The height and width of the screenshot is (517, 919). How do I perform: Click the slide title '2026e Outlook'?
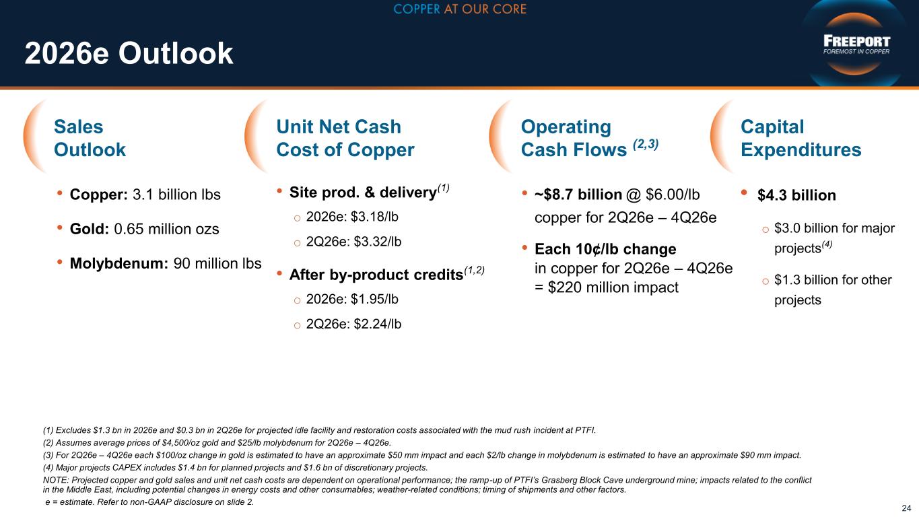[x=129, y=53]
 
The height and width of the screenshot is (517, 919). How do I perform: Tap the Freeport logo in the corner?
[x=856, y=44]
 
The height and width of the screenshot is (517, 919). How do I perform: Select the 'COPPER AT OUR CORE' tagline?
[x=460, y=9]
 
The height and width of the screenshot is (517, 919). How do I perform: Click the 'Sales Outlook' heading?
[x=90, y=138]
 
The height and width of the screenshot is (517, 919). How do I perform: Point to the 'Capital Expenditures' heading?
[x=801, y=138]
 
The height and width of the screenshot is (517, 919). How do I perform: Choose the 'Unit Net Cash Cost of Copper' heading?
[x=345, y=138]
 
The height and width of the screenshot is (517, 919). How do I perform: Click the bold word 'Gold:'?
[x=90, y=229]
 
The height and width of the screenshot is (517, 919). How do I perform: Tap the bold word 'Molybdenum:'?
[x=119, y=263]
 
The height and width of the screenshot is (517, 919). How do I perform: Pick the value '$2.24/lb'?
[x=378, y=324]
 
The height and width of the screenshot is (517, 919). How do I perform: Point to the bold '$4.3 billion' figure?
[x=796, y=195]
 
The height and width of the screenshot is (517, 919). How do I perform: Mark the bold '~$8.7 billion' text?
[x=578, y=195]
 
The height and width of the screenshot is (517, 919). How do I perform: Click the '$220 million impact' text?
[x=613, y=287]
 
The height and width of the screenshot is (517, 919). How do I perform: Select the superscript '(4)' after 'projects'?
[x=827, y=244]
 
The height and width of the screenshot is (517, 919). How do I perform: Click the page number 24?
[x=906, y=508]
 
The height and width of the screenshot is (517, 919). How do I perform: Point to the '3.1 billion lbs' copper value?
[x=176, y=195]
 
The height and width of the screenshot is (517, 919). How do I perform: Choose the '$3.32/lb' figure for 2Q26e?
[x=378, y=242]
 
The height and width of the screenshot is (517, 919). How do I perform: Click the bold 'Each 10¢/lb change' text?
[x=605, y=249]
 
